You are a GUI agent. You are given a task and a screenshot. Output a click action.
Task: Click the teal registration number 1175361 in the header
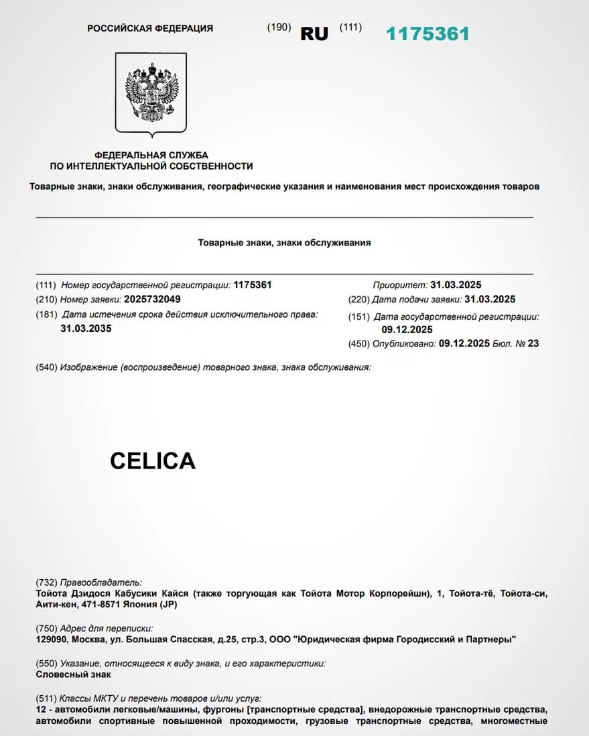click(428, 34)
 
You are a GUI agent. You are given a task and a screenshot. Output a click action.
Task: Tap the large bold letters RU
click(314, 34)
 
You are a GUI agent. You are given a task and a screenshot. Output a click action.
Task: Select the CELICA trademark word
click(153, 461)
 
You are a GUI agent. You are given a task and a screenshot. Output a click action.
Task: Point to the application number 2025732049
click(151, 299)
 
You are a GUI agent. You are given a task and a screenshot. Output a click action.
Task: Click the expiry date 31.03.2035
click(86, 328)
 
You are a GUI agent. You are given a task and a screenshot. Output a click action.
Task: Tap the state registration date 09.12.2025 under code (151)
click(407, 329)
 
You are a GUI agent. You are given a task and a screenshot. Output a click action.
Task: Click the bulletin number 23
click(533, 343)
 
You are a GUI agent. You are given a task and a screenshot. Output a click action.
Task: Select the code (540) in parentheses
click(46, 367)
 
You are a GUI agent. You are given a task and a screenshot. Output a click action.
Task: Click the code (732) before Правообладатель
click(46, 582)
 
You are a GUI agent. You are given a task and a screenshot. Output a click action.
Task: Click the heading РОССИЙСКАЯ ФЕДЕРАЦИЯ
click(150, 28)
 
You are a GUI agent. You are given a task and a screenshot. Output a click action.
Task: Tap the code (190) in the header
click(279, 27)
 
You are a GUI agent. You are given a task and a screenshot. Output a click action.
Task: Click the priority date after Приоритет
click(456, 285)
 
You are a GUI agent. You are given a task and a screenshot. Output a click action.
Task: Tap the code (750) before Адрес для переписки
click(46, 629)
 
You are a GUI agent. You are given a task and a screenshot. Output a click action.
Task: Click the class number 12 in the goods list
click(40, 709)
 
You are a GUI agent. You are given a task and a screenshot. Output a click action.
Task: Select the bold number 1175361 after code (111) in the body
click(253, 285)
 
